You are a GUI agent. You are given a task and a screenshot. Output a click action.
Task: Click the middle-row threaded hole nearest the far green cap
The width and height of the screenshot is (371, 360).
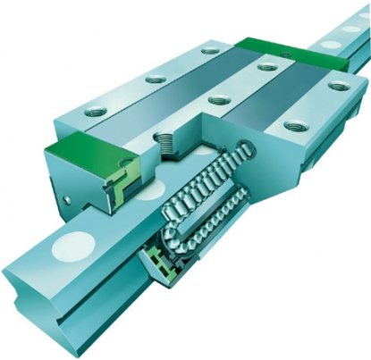(x=265, y=65)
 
